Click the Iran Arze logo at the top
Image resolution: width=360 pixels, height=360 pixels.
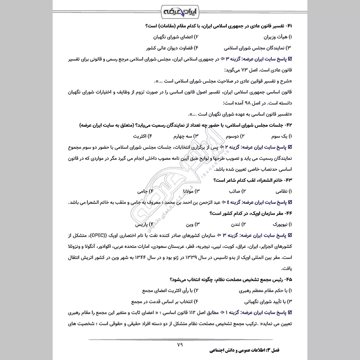180,10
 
